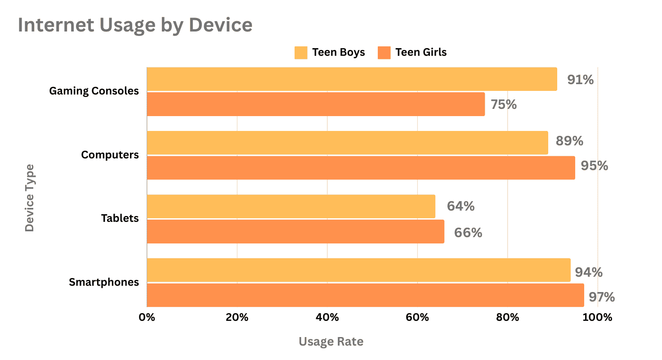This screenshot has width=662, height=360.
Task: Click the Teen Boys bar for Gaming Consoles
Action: [x=352, y=79]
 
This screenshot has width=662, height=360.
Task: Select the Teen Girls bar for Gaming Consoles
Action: [x=316, y=104]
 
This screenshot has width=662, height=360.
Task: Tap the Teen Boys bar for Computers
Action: [x=347, y=143]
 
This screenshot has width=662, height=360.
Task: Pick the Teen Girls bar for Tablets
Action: [x=295, y=231]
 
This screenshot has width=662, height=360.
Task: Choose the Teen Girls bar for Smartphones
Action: [x=365, y=295]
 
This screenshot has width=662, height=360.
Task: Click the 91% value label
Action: [x=580, y=80]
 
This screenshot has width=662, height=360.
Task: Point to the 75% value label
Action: [x=504, y=104]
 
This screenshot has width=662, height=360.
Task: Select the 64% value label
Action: [x=461, y=206]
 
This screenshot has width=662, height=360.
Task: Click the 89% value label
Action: [x=569, y=141]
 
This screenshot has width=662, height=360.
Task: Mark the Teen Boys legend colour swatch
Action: [x=301, y=53]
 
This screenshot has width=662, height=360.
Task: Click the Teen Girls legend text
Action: [x=421, y=53]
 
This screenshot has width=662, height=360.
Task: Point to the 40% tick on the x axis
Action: [x=327, y=317]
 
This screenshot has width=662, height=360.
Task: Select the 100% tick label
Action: [x=597, y=317]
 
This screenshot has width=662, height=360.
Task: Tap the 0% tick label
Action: [x=147, y=317]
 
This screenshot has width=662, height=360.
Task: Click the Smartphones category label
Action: [x=104, y=283]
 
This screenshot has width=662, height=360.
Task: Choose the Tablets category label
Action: [x=120, y=219]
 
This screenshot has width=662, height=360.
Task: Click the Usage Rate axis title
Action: [x=331, y=342]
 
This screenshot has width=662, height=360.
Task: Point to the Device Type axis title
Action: [x=29, y=198]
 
